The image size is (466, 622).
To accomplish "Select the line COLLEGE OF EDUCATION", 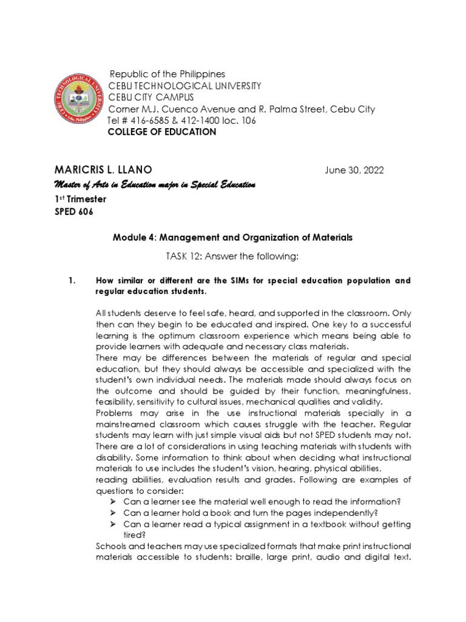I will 161,132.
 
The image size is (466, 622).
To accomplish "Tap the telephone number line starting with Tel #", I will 181,120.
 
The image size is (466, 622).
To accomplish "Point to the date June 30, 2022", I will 355,170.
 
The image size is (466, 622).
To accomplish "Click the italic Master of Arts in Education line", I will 155,184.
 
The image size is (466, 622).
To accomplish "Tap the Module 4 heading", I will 232,238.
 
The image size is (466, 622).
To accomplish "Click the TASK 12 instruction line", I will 232,257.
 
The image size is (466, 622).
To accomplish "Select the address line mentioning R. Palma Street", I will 241,109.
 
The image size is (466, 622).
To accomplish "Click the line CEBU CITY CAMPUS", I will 151,97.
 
